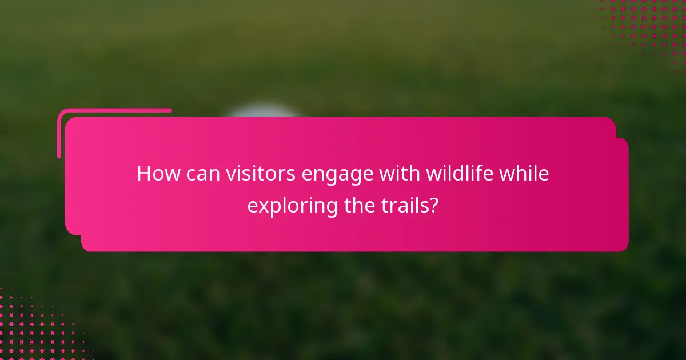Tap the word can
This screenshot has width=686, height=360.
201,174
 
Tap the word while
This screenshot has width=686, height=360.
524,174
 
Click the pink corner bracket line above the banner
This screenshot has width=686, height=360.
114,110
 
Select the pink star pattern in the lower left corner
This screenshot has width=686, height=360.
34,326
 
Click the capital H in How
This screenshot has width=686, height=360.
144,174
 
